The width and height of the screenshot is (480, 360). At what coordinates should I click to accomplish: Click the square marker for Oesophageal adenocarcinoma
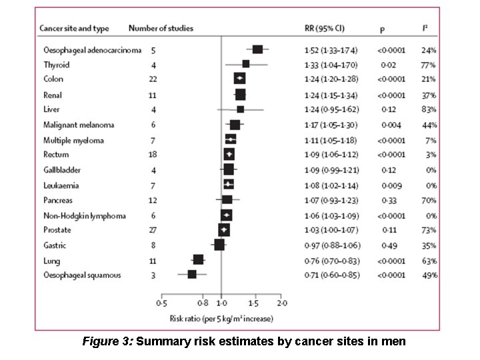[257, 49]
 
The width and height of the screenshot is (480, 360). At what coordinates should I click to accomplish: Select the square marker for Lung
[198, 260]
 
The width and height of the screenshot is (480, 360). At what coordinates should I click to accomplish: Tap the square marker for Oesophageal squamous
[192, 274]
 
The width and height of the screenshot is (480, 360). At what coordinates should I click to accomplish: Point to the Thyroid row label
[56, 65]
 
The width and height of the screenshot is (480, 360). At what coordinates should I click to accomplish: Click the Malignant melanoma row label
[79, 125]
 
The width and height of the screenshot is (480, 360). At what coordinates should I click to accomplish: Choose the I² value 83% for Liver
[428, 109]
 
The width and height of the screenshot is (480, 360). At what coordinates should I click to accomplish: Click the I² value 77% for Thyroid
[428, 65]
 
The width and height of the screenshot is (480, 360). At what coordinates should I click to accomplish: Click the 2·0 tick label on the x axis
[283, 303]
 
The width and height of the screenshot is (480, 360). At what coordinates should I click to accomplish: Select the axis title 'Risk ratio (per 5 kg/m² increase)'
[221, 319]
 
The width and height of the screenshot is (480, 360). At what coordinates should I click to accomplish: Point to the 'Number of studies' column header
[161, 29]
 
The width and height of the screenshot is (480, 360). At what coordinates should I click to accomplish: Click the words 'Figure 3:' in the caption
[107, 342]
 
